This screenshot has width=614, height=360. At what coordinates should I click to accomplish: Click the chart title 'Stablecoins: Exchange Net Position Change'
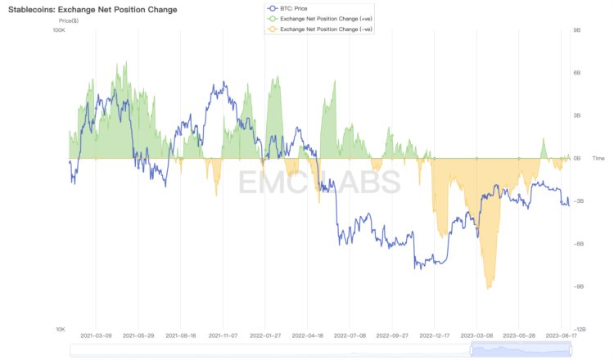[x=93, y=9]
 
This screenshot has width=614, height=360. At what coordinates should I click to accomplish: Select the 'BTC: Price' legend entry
[x=296, y=8]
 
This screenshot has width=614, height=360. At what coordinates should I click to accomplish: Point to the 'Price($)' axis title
[x=71, y=20]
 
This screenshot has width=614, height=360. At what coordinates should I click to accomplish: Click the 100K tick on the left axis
[x=58, y=30]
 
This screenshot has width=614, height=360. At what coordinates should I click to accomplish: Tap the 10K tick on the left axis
[x=60, y=329]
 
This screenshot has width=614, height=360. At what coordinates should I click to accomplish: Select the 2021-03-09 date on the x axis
[x=96, y=335]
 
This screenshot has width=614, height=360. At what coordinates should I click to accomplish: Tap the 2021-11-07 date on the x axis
[x=223, y=335]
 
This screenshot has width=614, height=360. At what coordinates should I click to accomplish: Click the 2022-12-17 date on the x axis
[x=435, y=335]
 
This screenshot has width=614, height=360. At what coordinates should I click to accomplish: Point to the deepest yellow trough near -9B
[x=490, y=286]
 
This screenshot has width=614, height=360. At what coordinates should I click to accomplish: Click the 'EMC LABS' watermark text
[x=319, y=182]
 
